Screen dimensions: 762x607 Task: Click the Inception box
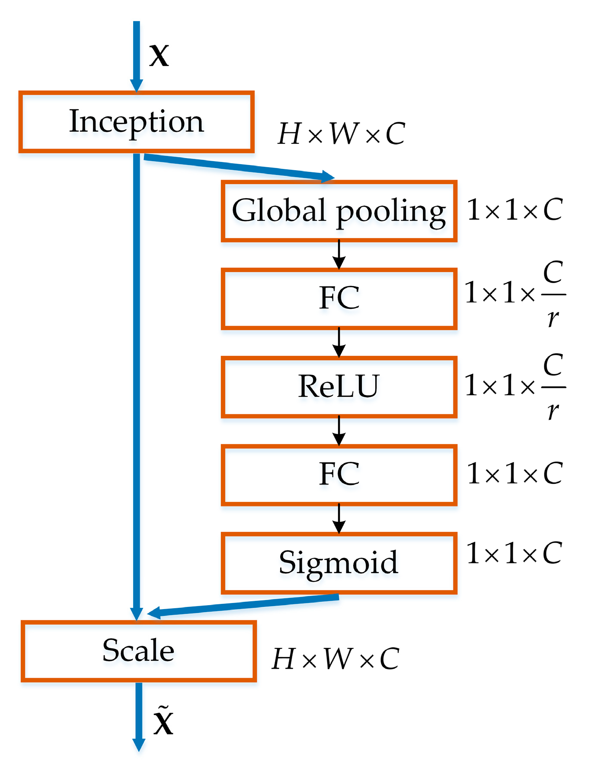coord(136,122)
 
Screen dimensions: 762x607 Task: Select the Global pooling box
coord(339,211)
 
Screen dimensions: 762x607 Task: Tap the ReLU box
coord(339,387)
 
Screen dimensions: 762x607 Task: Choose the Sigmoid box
coord(339,563)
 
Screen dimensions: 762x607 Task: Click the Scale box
coord(138,651)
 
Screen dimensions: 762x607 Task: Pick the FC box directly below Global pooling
coord(339,298)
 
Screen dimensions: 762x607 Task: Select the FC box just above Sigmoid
coord(339,474)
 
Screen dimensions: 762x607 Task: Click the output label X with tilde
coord(163,721)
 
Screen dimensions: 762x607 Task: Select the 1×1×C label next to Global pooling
coord(514,210)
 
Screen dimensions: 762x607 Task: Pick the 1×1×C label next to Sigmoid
coord(514,553)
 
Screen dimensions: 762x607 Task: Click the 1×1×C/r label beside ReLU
coord(514,386)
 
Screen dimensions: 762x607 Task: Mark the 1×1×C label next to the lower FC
coord(514,474)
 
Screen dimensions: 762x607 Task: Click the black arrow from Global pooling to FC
coord(339,255)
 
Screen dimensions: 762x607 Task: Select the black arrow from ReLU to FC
coord(339,431)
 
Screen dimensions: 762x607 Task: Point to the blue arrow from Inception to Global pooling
coord(238,168)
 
